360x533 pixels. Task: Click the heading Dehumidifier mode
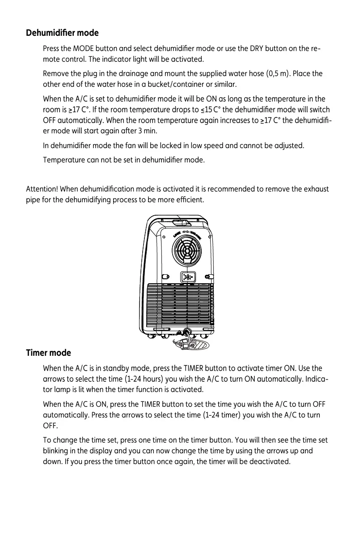[x=62, y=33]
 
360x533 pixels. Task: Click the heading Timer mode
[x=48, y=353]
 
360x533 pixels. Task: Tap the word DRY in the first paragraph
[x=246, y=48]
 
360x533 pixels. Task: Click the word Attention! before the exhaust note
[x=42, y=189]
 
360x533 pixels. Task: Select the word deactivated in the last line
[x=267, y=462]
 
